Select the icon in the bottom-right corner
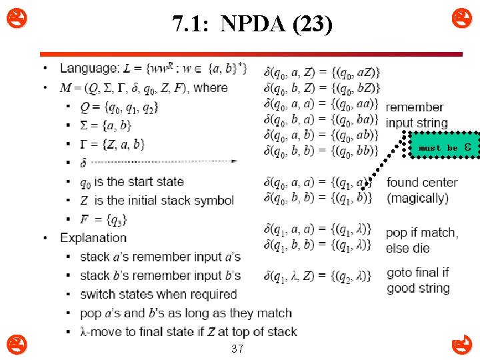tap(461, 345)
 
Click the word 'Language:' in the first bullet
tap(89, 68)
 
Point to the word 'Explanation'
tap(93, 237)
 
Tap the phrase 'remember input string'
tap(416, 115)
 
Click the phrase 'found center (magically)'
tap(421, 190)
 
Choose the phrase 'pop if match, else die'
tap(421, 240)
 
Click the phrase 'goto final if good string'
tap(419, 280)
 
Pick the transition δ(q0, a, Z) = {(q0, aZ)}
tap(322, 72)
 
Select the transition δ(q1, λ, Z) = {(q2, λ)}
tap(317, 275)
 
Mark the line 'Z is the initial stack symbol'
tap(157, 200)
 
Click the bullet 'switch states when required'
tap(158, 294)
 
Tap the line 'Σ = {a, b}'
tap(105, 125)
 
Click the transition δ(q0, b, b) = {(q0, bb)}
tap(321, 150)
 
